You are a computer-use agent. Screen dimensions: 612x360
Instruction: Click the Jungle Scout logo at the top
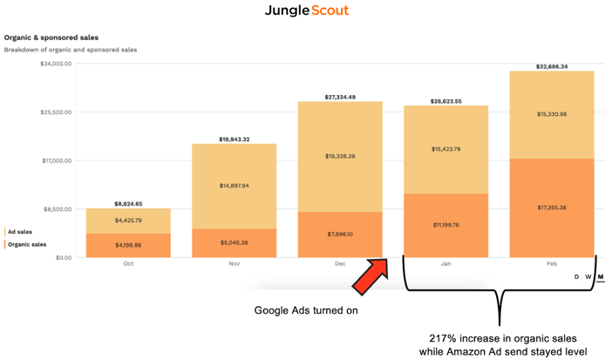click(x=307, y=10)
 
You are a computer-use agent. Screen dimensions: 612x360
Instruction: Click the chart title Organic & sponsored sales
click(x=51, y=37)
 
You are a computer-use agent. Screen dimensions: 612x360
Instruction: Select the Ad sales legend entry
click(x=20, y=232)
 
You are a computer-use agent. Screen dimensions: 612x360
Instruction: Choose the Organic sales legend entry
click(x=27, y=244)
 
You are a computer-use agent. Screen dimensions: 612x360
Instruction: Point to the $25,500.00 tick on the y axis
click(x=56, y=112)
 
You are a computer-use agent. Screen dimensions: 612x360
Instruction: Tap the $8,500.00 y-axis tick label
click(x=58, y=209)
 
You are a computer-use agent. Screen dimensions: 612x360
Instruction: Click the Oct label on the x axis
click(x=128, y=264)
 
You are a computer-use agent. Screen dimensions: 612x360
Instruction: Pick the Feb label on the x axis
click(x=552, y=264)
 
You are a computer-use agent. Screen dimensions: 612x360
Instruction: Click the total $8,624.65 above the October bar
click(x=128, y=204)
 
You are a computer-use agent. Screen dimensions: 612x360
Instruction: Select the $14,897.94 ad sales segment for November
click(x=235, y=187)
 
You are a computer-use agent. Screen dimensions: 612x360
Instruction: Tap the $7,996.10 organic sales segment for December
click(x=340, y=234)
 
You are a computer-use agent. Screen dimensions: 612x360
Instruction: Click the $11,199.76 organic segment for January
click(x=445, y=225)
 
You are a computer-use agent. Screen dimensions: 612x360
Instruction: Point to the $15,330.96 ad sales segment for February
click(x=552, y=115)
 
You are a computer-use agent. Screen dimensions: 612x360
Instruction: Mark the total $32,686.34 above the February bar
click(x=552, y=67)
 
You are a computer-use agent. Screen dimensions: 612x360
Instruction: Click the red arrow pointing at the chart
click(x=370, y=276)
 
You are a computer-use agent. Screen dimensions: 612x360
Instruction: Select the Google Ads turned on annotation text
click(x=306, y=310)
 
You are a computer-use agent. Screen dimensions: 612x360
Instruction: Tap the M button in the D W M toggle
click(x=601, y=277)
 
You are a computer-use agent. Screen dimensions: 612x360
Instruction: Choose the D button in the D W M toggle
click(x=576, y=277)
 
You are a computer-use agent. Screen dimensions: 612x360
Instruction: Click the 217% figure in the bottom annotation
click(x=445, y=338)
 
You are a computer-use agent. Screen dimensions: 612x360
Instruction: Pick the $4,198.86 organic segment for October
click(x=128, y=246)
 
